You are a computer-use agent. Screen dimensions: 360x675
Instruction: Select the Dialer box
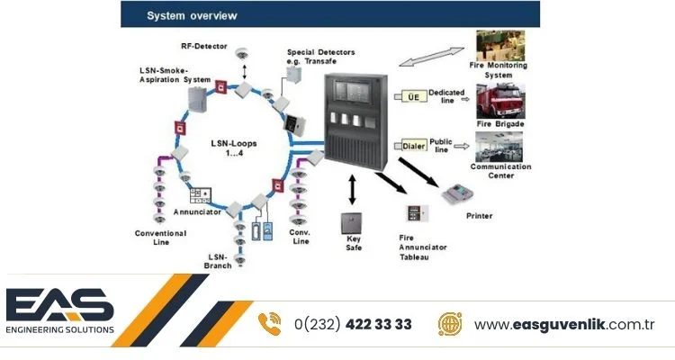click(410, 144)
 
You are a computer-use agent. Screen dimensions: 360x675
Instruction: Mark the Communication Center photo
click(500, 146)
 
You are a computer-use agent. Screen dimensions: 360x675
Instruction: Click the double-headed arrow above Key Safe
click(352, 190)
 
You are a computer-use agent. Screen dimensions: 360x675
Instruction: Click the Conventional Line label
click(161, 237)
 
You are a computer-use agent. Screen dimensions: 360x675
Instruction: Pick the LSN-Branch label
click(219, 260)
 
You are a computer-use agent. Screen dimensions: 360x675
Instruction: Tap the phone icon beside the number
click(270, 324)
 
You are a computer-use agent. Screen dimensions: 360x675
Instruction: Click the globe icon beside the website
click(450, 324)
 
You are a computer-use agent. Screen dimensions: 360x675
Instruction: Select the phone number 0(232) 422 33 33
click(352, 325)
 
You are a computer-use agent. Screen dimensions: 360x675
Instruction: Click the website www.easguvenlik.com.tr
click(563, 325)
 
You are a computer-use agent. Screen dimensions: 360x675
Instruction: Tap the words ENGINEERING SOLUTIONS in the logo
click(60, 329)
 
